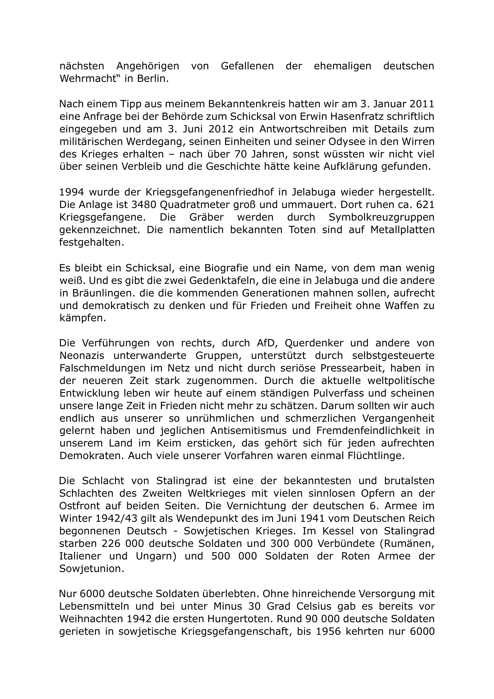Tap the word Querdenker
(x=314, y=343)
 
